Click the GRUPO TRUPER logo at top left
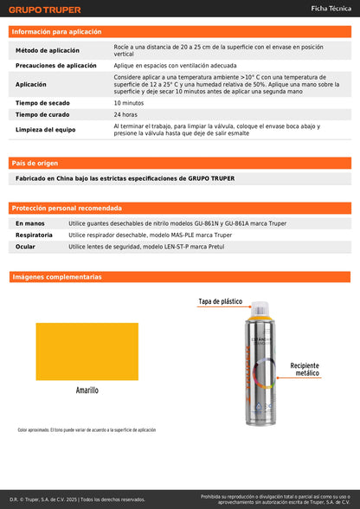[44, 10]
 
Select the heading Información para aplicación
[56, 31]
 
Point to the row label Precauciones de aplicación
[56, 66]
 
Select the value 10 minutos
[128, 102]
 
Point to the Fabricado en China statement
[125, 178]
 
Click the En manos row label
[30, 223]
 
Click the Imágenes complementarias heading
[56, 277]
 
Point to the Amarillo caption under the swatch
[87, 390]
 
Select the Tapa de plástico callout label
[221, 302]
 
